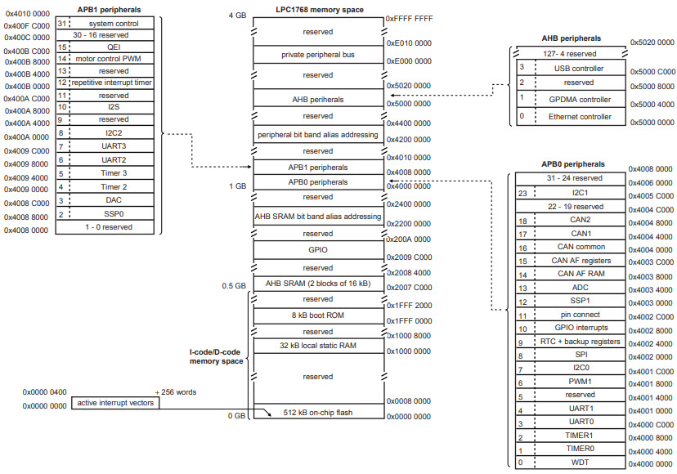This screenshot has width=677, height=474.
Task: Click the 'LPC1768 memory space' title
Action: [318, 9]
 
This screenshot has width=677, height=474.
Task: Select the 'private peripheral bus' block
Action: [318, 54]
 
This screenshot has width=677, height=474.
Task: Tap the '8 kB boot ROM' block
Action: [318, 314]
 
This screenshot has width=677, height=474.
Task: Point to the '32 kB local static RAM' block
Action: [318, 346]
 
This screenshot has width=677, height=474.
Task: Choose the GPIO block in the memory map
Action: [318, 250]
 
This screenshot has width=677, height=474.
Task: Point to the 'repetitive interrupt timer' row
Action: [110, 83]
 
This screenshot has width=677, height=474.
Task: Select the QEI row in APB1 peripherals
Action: [110, 47]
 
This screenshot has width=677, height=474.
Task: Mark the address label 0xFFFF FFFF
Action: [409, 16]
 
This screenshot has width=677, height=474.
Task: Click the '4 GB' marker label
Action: [236, 16]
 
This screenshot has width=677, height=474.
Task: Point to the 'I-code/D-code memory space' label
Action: [216, 355]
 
